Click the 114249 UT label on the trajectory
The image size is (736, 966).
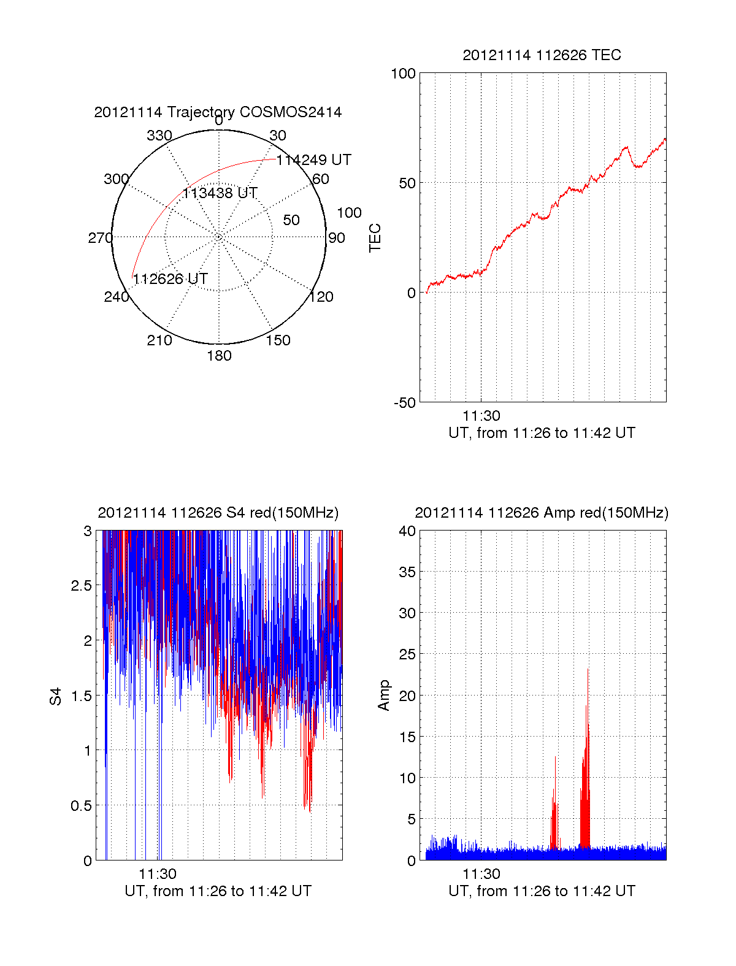(x=313, y=160)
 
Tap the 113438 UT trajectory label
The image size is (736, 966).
(x=220, y=193)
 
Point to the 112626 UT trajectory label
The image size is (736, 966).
(x=170, y=279)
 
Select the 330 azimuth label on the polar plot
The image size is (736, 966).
(x=159, y=136)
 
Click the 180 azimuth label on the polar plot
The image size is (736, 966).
(x=219, y=356)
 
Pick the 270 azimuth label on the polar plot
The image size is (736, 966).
(x=100, y=238)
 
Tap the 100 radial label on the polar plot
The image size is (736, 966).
(x=349, y=213)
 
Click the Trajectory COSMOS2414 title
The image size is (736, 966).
(x=218, y=112)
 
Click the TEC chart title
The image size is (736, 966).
(x=542, y=55)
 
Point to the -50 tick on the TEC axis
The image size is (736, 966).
(x=405, y=403)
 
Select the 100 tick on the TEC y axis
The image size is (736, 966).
(x=403, y=74)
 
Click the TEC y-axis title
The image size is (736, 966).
(x=375, y=238)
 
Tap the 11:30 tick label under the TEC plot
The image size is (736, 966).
(x=481, y=416)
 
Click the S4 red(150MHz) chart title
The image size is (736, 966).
(x=218, y=513)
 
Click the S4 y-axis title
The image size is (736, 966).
(x=56, y=696)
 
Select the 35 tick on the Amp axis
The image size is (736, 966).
(x=407, y=572)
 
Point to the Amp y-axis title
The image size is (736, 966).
(x=384, y=696)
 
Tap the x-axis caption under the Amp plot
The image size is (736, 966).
(x=542, y=891)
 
